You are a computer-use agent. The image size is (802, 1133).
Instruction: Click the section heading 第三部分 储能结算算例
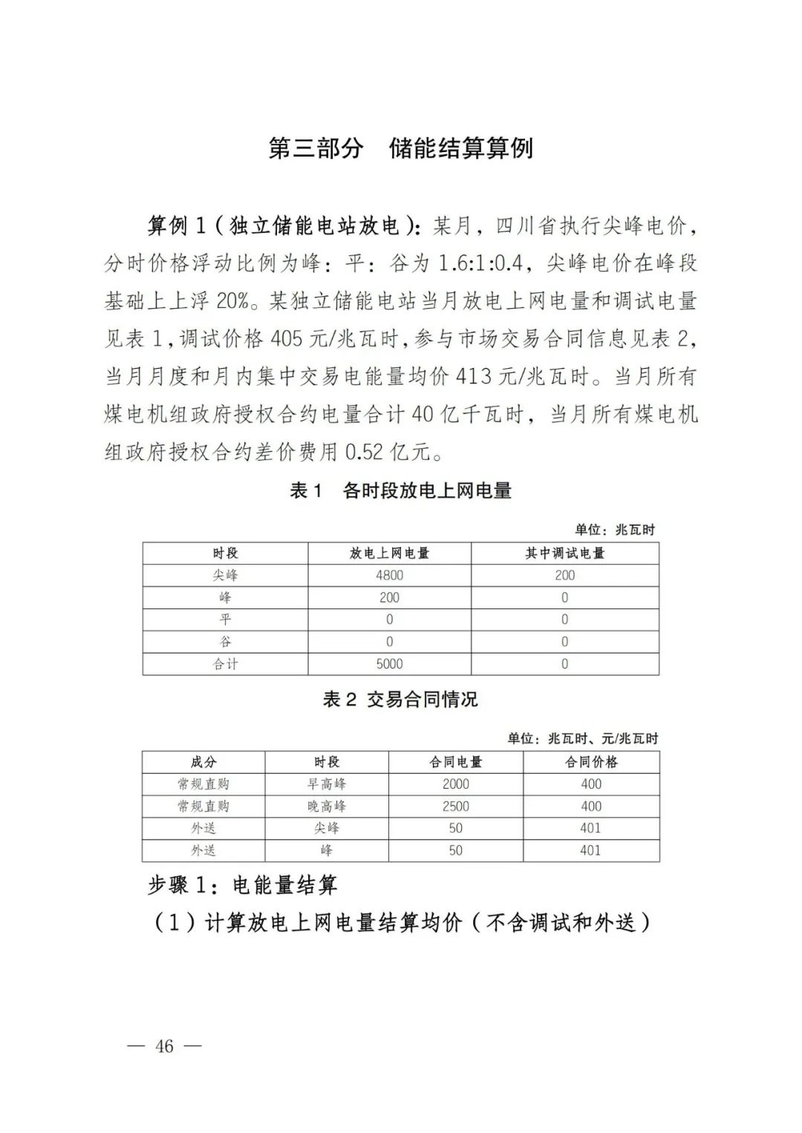tap(400, 148)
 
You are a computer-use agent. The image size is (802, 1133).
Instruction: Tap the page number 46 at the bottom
tap(164, 1045)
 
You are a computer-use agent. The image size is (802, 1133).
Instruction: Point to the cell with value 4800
tap(389, 575)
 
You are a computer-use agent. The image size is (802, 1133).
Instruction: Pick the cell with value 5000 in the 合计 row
tap(389, 664)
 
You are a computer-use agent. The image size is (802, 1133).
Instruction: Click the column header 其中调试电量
tap(564, 554)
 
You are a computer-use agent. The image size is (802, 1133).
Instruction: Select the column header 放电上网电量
tap(389, 554)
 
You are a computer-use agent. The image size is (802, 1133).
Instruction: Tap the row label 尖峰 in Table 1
tap(225, 575)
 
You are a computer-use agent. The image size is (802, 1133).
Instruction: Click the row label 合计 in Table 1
tap(225, 664)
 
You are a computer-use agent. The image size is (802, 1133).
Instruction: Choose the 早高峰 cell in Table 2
tap(327, 784)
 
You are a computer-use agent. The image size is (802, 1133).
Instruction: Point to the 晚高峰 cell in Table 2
tap(327, 806)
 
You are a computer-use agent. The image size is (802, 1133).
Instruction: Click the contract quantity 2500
tap(455, 806)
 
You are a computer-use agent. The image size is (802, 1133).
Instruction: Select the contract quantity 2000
tap(455, 784)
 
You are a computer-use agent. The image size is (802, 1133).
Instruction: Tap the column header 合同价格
tap(591, 762)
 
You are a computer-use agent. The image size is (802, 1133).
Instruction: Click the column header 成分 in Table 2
tap(203, 762)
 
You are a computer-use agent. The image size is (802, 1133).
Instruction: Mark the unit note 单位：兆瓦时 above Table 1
tap(615, 530)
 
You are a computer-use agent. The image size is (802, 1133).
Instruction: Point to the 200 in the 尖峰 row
tap(564, 575)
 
